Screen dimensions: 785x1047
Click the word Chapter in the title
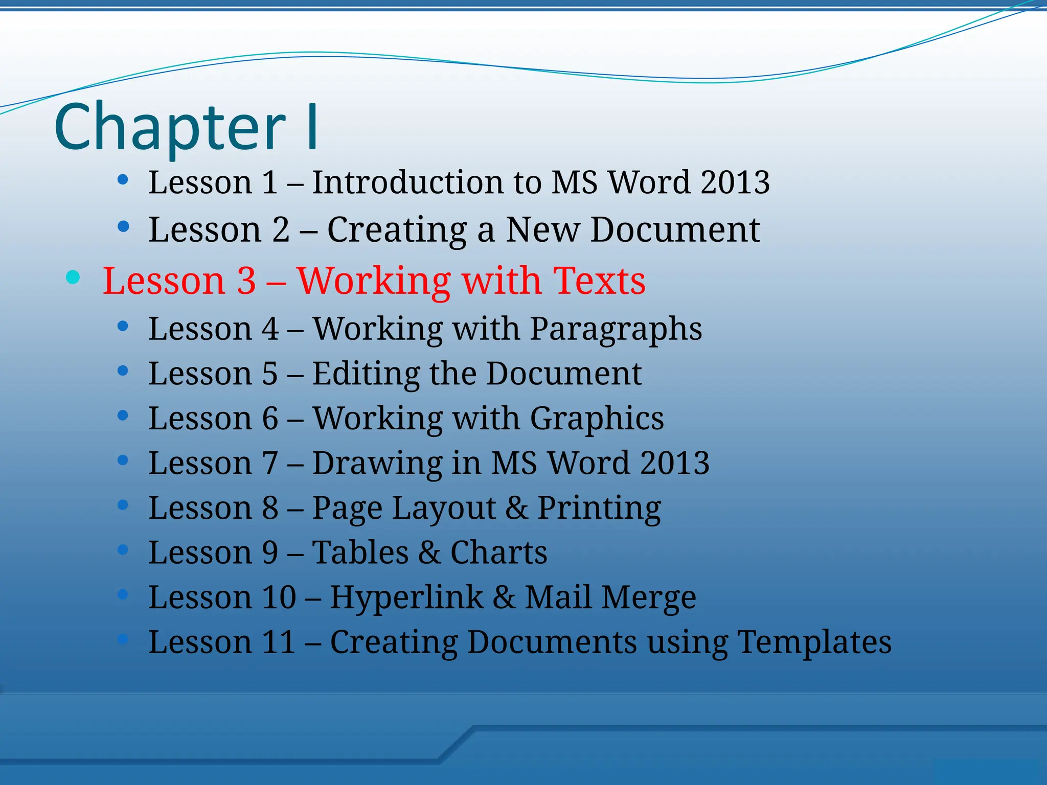(x=170, y=128)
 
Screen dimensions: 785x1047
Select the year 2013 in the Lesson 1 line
(x=735, y=182)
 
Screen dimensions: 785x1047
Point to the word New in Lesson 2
(x=543, y=229)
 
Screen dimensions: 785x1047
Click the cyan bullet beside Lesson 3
(x=73, y=277)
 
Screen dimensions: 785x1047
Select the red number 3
(x=246, y=281)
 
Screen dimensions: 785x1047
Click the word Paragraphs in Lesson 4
(x=616, y=329)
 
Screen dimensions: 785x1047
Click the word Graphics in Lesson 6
(x=597, y=419)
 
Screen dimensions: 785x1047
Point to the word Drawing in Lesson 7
(x=377, y=463)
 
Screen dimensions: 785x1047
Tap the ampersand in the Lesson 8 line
(x=517, y=508)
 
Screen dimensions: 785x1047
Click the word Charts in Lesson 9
(x=498, y=552)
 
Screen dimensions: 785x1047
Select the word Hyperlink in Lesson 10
(x=406, y=597)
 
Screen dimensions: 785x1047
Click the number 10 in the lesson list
(x=279, y=597)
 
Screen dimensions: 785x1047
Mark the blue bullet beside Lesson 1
(x=123, y=179)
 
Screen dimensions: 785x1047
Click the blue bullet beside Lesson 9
(x=123, y=550)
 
